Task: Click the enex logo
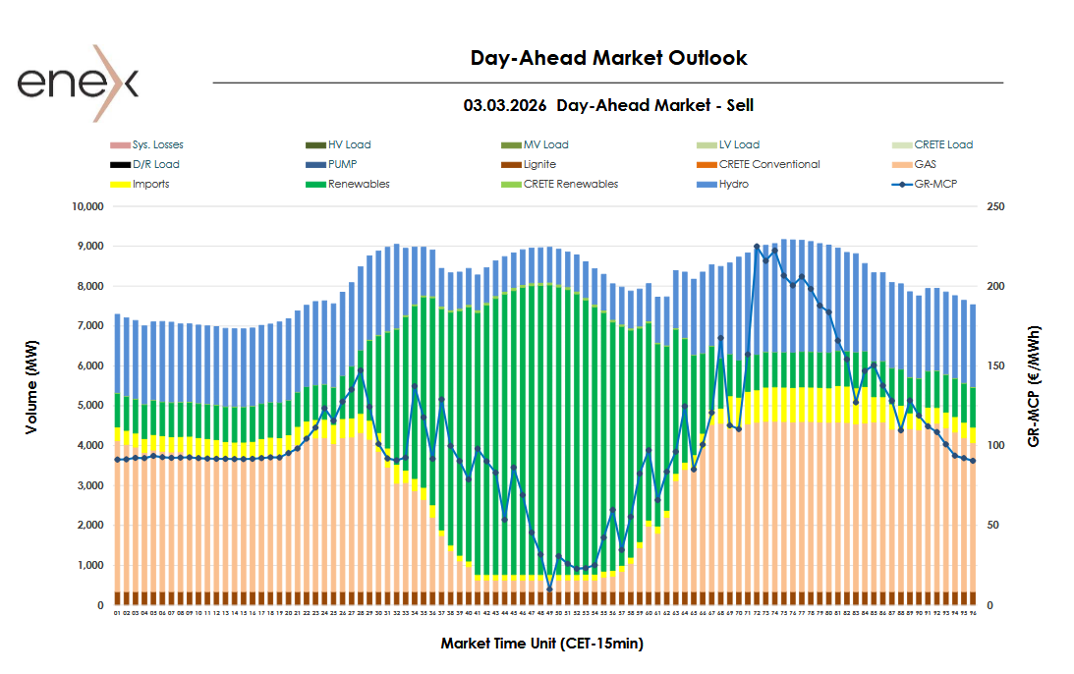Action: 78,83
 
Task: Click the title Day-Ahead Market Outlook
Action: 608,58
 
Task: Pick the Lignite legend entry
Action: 539,165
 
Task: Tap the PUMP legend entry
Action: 343,165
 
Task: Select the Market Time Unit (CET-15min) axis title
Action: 541,644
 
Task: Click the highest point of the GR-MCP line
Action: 757,247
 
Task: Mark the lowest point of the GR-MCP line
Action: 549,589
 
